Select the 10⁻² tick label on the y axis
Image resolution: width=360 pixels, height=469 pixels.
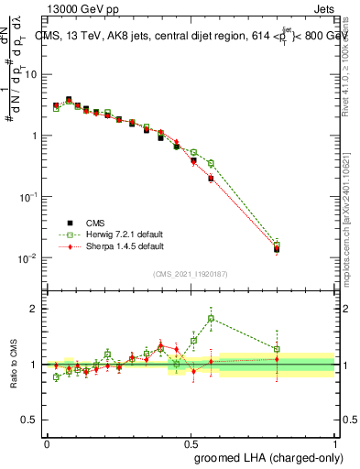coord(28,258)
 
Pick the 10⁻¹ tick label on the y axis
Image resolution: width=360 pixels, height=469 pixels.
coord(28,197)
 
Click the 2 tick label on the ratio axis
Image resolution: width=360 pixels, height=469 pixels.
coord(36,309)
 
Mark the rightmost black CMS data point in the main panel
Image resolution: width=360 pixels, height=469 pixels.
coord(278,249)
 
